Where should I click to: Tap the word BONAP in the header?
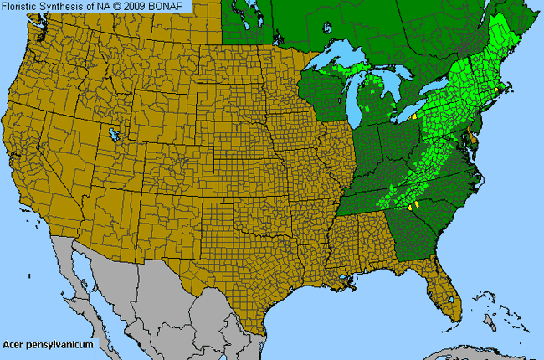coord(172,6)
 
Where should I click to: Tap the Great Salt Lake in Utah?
coord(111,133)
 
